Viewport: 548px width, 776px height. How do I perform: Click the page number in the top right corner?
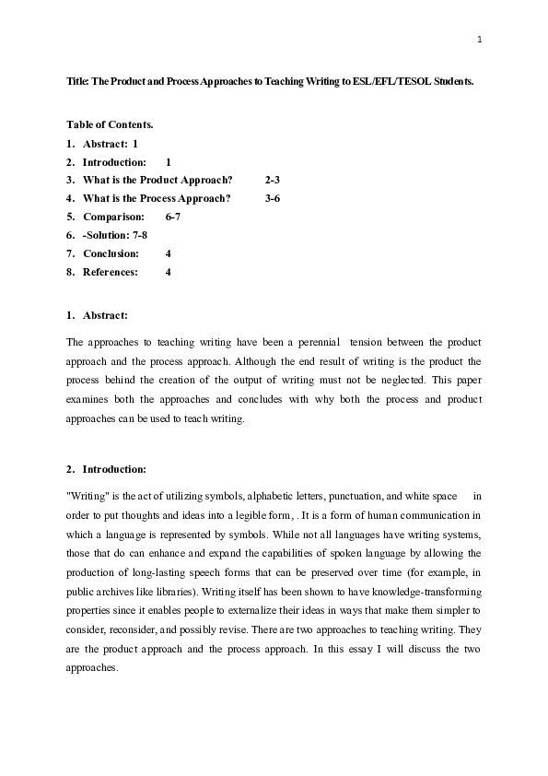(480, 39)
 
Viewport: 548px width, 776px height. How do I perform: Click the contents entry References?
(111, 272)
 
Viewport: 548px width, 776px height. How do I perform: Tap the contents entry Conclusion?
(111, 253)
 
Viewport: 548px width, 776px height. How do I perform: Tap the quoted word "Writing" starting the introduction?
(87, 496)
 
